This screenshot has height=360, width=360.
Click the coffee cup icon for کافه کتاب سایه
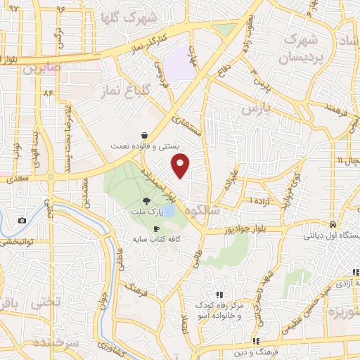(x=156, y=229)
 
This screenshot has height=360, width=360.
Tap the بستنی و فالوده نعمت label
(x=144, y=146)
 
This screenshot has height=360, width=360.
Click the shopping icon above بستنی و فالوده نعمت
(x=144, y=135)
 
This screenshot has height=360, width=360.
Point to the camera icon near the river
(x=22, y=220)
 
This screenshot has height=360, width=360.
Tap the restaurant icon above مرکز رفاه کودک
(x=219, y=295)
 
